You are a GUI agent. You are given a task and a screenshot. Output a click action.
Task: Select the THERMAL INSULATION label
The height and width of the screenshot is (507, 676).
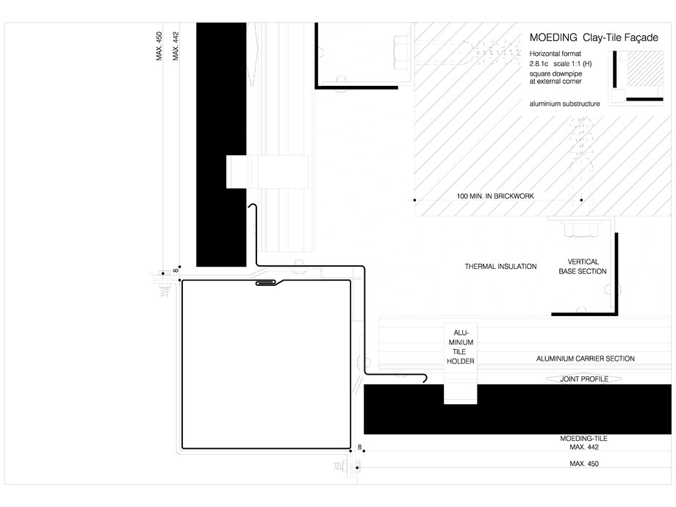click(500, 267)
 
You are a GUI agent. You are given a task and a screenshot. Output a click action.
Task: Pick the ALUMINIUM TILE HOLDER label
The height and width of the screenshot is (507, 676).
click(461, 347)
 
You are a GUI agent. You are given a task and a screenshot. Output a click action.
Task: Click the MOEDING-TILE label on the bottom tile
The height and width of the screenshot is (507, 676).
click(583, 438)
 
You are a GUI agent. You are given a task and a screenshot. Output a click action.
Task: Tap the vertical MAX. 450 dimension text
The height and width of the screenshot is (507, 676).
click(159, 47)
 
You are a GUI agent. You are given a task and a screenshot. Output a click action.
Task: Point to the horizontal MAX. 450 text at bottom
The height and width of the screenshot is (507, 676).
click(583, 464)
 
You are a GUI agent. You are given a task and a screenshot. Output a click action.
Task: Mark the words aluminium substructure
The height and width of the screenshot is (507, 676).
click(564, 104)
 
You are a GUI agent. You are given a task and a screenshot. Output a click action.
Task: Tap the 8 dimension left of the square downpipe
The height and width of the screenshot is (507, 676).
click(174, 271)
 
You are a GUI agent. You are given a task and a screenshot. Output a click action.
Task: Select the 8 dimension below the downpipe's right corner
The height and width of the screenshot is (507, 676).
click(359, 447)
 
